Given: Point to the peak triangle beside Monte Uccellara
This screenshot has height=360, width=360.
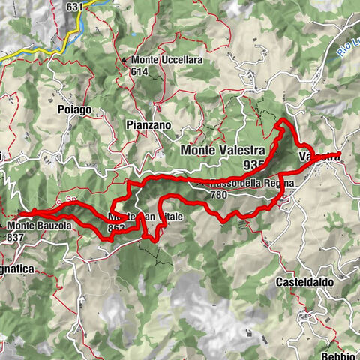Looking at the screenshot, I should pyautogui.click(x=124, y=59).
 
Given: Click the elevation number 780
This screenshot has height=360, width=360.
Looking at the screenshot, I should pyautogui.click(x=219, y=194).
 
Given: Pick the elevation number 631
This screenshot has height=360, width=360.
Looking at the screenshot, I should pyautogui.click(x=73, y=7).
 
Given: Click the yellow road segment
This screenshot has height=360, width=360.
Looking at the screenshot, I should pyautogui.click(x=30, y=55).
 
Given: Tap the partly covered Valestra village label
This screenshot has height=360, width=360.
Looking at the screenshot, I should pyautogui.click(x=319, y=157).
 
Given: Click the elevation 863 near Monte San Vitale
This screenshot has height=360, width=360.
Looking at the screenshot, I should pyautogui.click(x=116, y=229).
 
